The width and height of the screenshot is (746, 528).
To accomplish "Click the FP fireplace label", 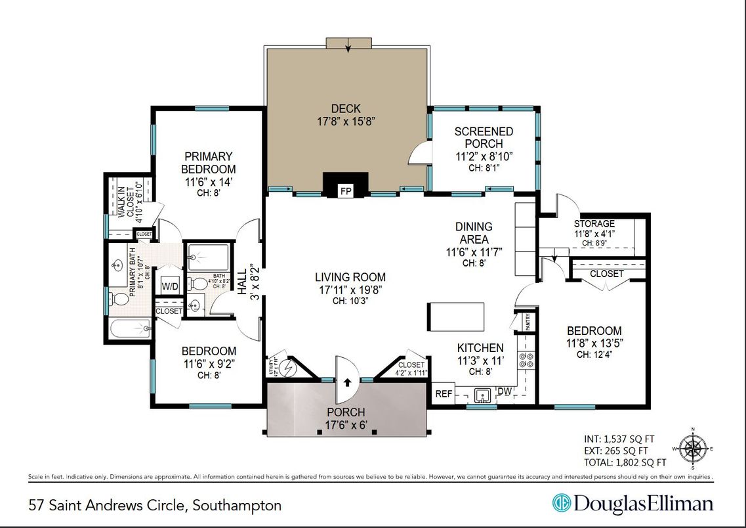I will [345, 191].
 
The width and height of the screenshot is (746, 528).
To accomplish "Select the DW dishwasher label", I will [505, 392].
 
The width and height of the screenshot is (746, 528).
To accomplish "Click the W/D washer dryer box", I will [170, 286].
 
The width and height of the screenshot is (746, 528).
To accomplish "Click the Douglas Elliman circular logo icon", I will [562, 504].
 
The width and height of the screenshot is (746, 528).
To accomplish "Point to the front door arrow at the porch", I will [346, 381].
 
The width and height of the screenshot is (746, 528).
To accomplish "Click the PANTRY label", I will [531, 322].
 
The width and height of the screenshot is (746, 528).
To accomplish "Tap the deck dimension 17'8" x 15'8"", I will [346, 121].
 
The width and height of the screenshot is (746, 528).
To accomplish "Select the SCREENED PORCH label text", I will [484, 137].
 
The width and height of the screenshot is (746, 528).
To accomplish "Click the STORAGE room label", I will [594, 224].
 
